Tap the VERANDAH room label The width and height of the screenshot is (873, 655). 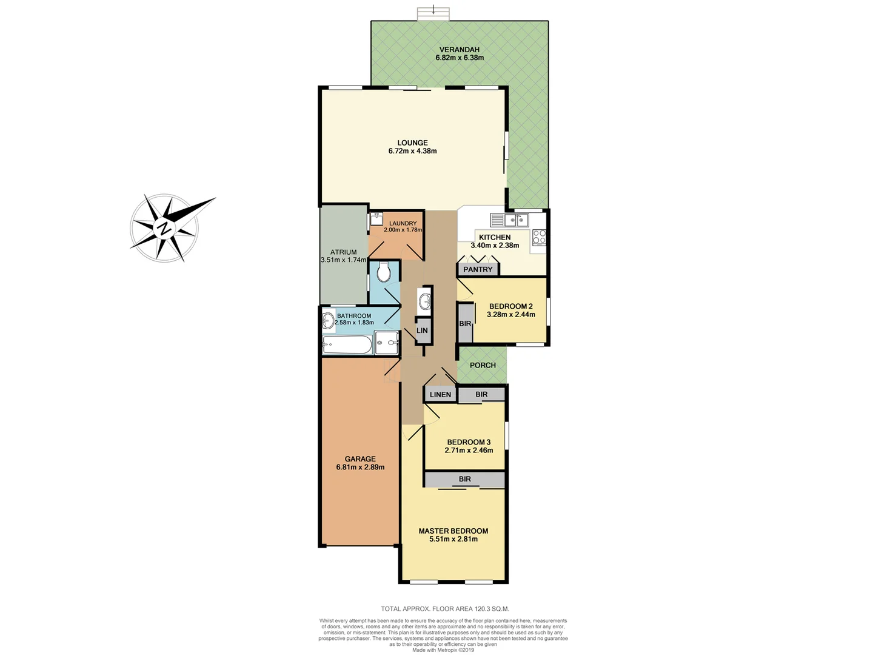[460, 50]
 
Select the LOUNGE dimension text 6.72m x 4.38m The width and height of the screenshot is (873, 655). [412, 151]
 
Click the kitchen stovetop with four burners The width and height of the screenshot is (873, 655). [539, 238]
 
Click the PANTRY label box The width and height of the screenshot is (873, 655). [478, 269]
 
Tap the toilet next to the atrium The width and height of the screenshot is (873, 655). [384, 272]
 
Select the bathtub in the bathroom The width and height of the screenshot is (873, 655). [347, 345]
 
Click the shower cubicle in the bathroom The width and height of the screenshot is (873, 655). [386, 343]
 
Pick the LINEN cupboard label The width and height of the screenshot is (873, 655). [440, 394]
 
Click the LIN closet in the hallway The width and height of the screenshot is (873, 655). [422, 331]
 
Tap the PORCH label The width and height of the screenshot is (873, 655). [483, 365]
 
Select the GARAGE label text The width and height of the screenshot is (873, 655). [360, 459]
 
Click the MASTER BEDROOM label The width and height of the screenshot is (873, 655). [453, 531]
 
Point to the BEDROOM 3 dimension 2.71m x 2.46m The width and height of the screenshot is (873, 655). [469, 451]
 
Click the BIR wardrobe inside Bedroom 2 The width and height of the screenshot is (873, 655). [465, 323]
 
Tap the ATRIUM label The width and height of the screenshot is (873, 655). [343, 252]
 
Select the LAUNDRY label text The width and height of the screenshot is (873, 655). [403, 223]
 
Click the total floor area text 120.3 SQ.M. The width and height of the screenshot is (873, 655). [445, 608]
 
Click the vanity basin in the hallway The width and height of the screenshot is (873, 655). [425, 301]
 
